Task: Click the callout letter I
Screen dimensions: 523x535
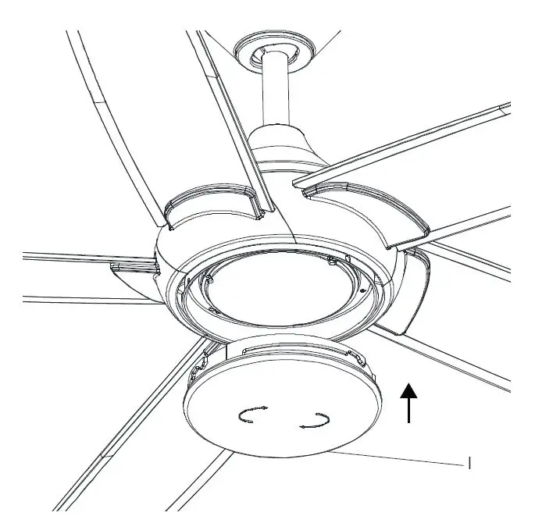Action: (x=469, y=464)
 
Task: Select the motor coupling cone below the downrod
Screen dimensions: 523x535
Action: (x=277, y=148)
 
